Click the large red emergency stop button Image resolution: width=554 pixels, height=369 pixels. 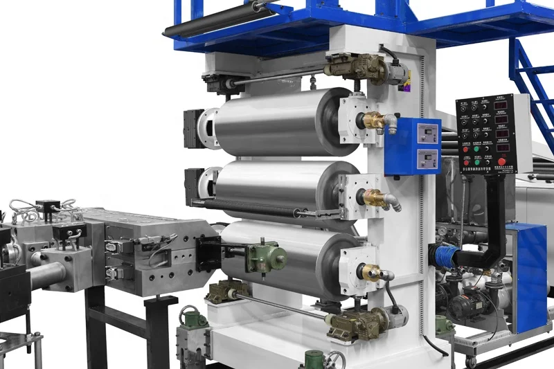pyautogui.click(x=501, y=162)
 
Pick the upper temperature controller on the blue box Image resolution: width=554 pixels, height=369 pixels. pyautogui.click(x=428, y=133)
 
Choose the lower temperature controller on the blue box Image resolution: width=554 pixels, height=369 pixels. pyautogui.click(x=428, y=159)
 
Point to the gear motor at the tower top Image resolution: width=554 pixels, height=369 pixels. pyautogui.click(x=357, y=67)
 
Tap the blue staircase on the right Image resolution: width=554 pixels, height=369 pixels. pyautogui.click(x=533, y=83)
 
